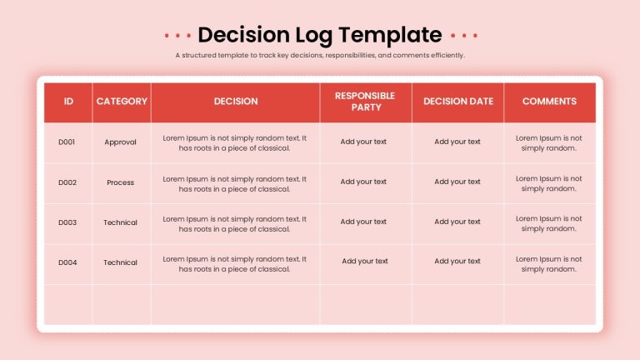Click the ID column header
point(68,101)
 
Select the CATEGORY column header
point(122,101)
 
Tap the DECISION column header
point(236,101)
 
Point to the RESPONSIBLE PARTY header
point(365,102)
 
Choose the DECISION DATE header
point(458,101)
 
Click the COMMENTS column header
point(549,101)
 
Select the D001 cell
point(67,142)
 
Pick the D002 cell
point(67,182)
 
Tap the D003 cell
point(67,222)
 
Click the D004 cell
point(67,262)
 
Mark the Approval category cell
point(120,142)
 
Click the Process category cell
point(120,182)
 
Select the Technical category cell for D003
point(120,222)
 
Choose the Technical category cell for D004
point(120,262)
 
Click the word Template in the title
point(390,36)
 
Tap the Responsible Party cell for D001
point(363,142)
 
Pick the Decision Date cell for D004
point(457,261)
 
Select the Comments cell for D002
point(549,183)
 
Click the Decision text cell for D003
point(235,224)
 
